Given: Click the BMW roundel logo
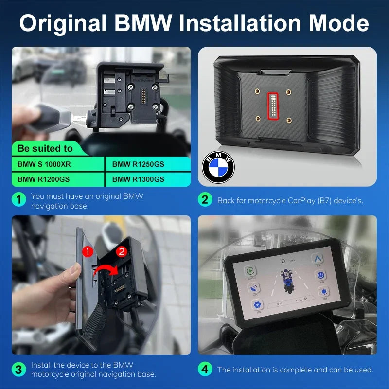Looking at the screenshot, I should coord(218,167).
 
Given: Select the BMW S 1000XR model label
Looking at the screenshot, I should coord(44,164).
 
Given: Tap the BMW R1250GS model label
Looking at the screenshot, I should coord(138,164).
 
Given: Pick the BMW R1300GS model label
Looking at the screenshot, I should coord(138,179).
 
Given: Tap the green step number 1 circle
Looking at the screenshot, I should coord(18,200).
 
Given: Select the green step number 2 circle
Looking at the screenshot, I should coord(205,200).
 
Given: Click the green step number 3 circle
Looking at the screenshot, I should coord(18,369).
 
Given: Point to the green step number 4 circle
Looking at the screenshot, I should coord(205,370).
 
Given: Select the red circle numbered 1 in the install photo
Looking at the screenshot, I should coord(87,251).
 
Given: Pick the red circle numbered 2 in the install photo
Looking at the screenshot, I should coord(122,251).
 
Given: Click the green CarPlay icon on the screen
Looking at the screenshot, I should coord(251,271).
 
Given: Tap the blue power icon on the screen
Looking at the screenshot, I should coord(321,276).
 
